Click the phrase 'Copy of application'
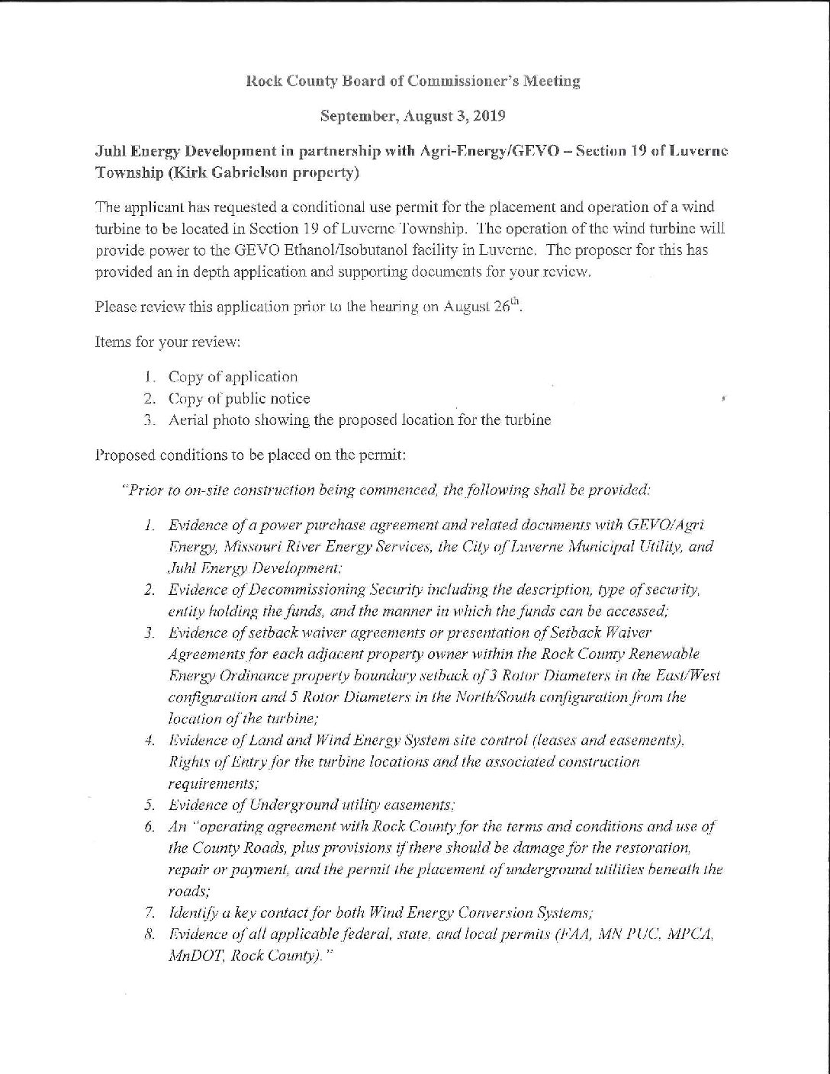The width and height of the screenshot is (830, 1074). (233, 377)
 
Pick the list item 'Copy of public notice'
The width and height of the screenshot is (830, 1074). (239, 398)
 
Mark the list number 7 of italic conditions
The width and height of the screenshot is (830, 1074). (150, 913)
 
